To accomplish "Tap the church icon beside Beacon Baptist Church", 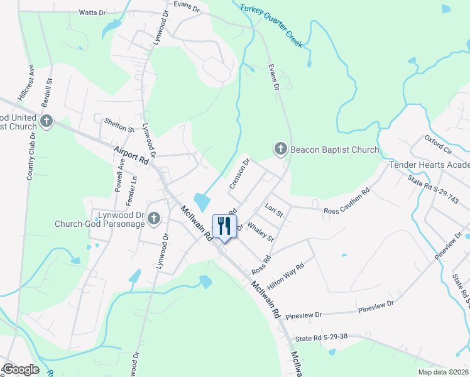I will pyautogui.click(x=280, y=149).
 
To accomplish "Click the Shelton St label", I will pyautogui.click(x=119, y=124).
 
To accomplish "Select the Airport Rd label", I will pyautogui.click(x=131, y=156).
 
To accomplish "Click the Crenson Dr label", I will pyautogui.click(x=240, y=173).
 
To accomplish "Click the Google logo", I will pyautogui.click(x=20, y=369).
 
